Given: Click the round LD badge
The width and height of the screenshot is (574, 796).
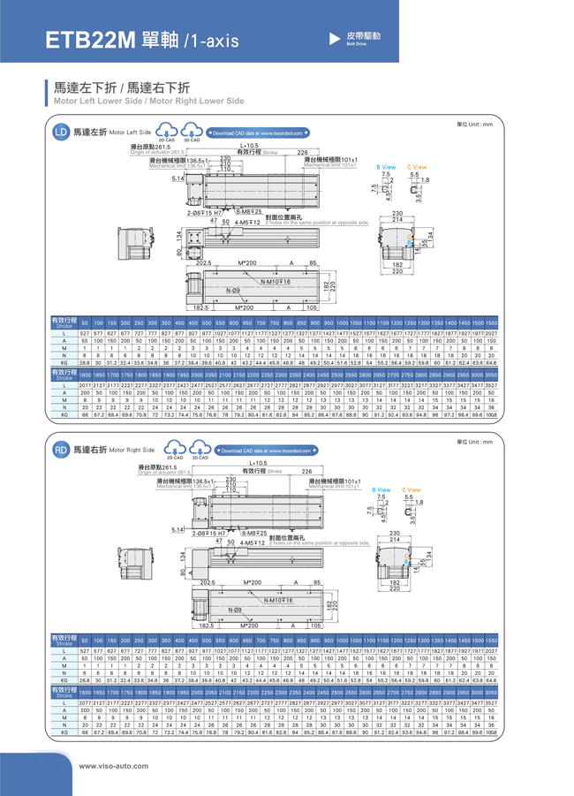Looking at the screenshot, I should tap(61, 133).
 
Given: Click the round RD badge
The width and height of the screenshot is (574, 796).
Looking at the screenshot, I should tap(61, 451).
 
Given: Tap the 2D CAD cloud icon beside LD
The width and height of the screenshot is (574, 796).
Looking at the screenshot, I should tap(167, 133).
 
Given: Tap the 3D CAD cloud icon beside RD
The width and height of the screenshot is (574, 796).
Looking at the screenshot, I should tap(200, 451).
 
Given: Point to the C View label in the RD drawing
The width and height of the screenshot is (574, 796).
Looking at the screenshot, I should tap(412, 489).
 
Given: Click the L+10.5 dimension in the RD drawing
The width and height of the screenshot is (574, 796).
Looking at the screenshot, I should tap(258, 463).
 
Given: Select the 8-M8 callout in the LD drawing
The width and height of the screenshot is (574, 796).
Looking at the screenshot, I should tap(249, 211).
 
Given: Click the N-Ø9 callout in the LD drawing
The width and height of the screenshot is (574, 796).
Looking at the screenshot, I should tap(233, 291).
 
